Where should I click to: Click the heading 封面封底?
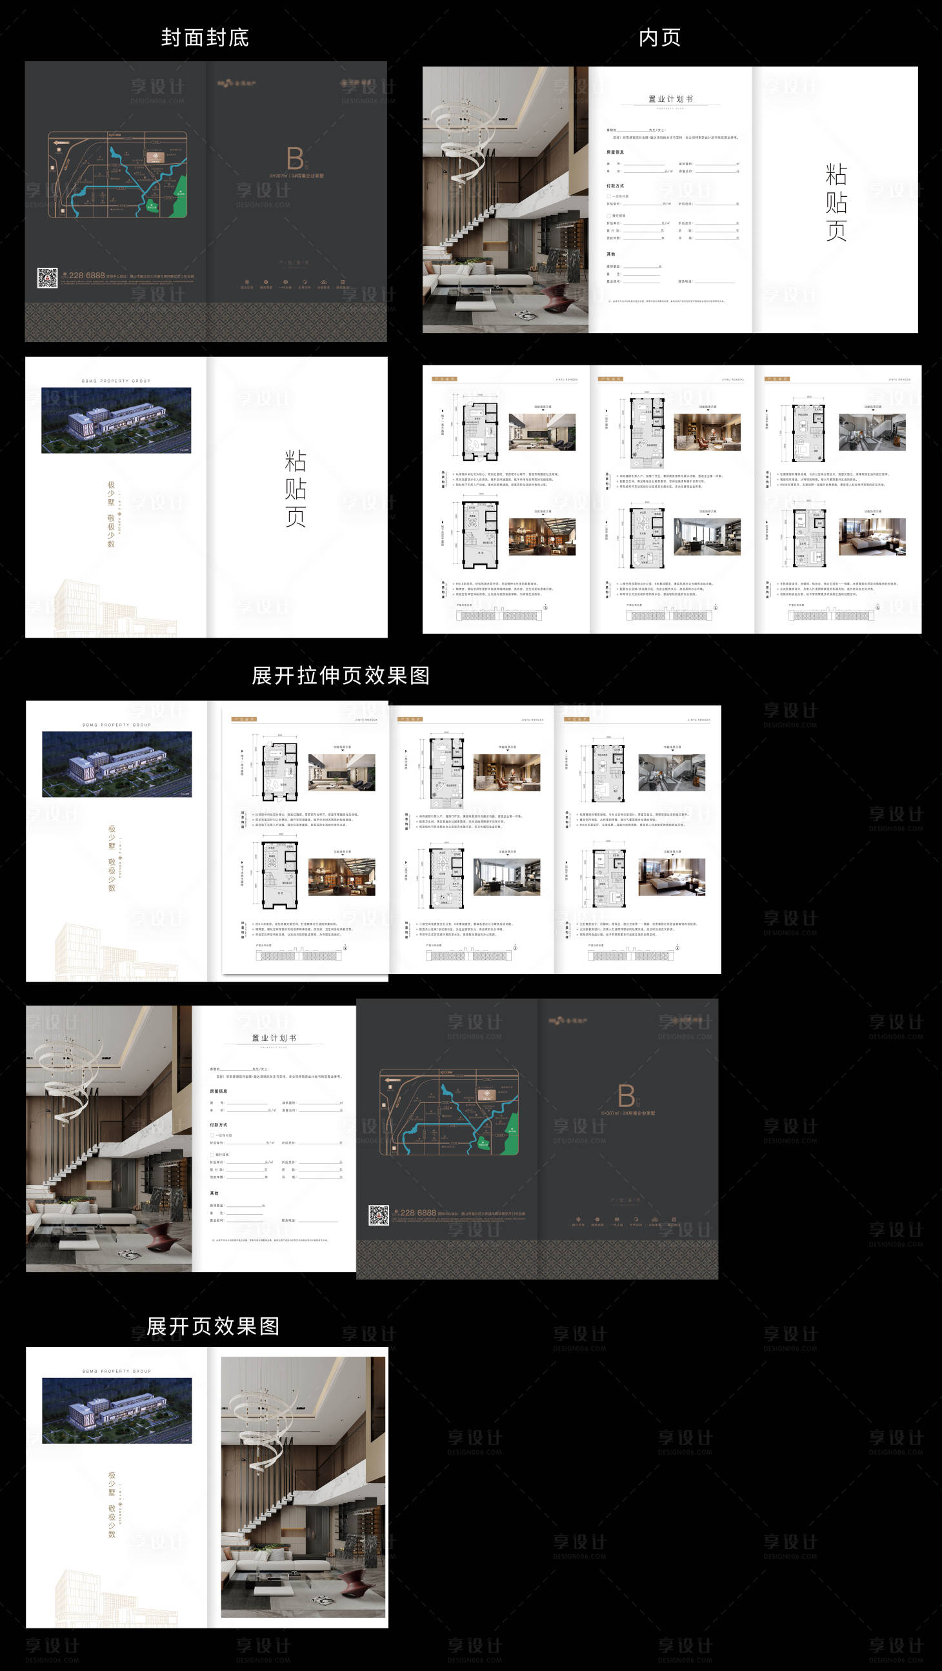(205, 37)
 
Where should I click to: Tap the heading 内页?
(659, 37)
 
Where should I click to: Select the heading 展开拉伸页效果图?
(341, 675)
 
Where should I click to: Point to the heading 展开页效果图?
(213, 1326)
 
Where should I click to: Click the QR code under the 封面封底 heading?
(47, 278)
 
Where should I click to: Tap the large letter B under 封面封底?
(295, 159)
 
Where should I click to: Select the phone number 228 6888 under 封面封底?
(86, 276)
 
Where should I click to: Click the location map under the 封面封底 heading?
(117, 174)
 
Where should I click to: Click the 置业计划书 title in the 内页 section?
(670, 99)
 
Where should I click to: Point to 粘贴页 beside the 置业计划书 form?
(836, 203)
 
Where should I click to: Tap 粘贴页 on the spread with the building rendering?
(295, 489)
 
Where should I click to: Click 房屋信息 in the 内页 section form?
(616, 152)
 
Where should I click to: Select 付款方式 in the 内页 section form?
(616, 186)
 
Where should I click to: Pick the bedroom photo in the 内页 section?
(872, 536)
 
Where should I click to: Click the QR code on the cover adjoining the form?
(379, 1215)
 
